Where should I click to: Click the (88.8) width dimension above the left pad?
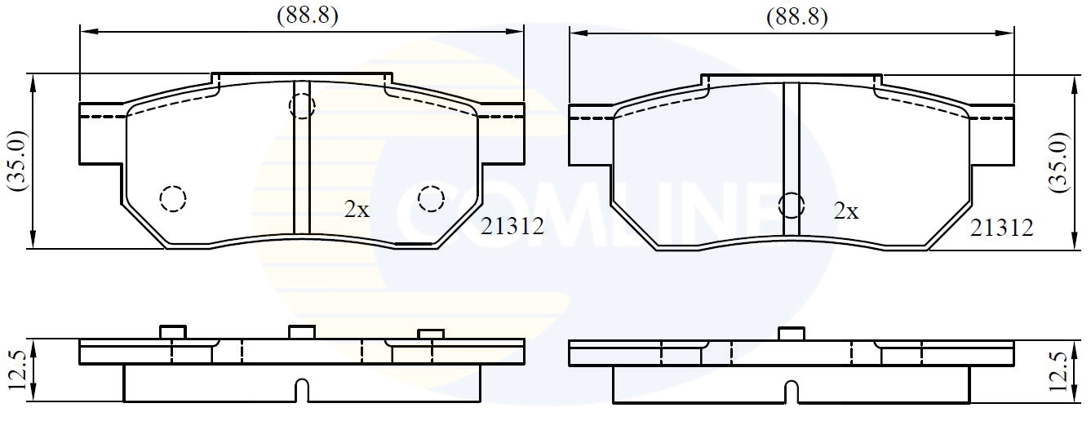308,16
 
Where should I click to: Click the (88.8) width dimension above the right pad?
797,17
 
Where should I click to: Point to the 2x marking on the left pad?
357,210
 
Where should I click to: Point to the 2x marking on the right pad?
846,211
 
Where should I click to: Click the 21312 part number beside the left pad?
512,226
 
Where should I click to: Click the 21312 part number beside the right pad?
1001,228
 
